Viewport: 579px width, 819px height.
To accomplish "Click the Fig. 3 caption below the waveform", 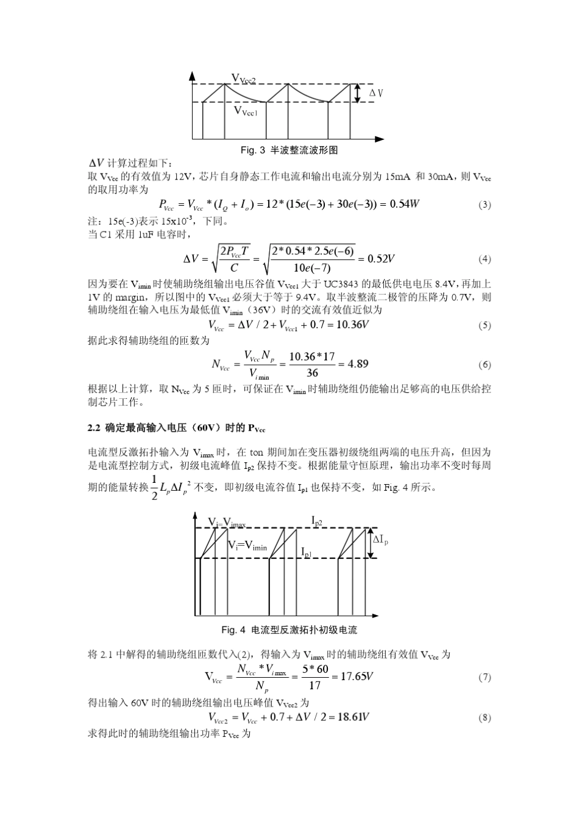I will tap(289, 150).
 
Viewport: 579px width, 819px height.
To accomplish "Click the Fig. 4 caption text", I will tap(289, 630).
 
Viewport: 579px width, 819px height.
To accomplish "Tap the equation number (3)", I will tap(485, 205).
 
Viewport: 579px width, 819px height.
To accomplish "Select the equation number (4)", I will tap(485, 259).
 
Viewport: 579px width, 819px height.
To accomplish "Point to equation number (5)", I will tap(485, 325).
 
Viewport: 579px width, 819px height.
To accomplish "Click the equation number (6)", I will tap(485, 365).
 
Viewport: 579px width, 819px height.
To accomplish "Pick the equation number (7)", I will tap(485, 677).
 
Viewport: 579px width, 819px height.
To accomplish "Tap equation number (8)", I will tap(485, 717).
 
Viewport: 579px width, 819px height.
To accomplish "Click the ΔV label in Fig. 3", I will tap(376, 93).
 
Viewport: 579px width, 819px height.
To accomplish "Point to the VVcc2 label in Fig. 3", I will tap(244, 78).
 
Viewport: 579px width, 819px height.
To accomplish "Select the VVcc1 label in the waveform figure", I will tap(247, 111).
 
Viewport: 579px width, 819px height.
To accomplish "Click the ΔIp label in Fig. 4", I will tap(380, 540).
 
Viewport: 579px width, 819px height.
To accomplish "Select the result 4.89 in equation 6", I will tap(358, 364).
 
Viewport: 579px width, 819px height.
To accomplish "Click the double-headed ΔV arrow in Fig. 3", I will tap(360, 93).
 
